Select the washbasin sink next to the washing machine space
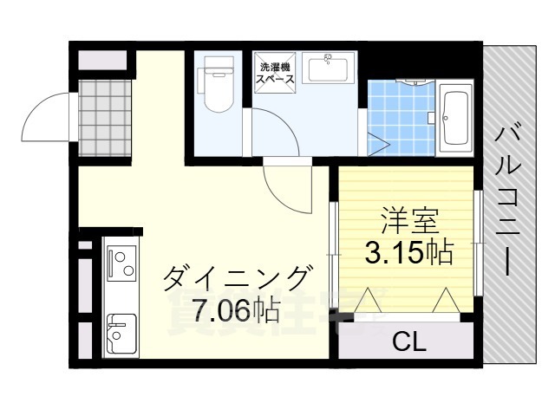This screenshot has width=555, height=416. pos(328,68)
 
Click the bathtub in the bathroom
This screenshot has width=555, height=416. pos(454,115)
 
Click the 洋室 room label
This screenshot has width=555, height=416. pos(405,221)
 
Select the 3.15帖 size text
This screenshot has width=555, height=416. pos(406,252)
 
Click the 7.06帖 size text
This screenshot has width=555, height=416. pos(224,309)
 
